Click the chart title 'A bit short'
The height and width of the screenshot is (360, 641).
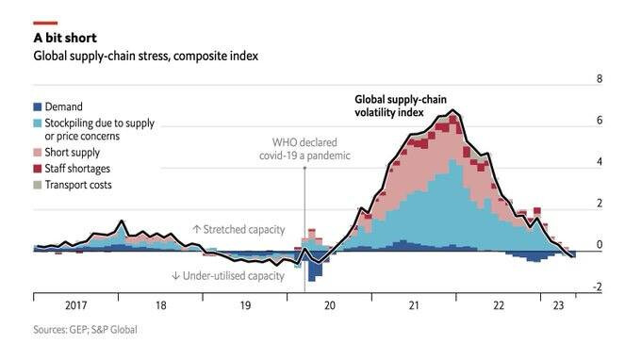tap(65, 38)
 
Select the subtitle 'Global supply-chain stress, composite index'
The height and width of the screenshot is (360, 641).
tap(145, 56)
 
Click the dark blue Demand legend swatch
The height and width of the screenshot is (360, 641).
tap(38, 107)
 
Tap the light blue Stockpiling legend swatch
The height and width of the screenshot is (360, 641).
tap(38, 123)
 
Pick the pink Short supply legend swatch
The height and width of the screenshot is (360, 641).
tap(38, 153)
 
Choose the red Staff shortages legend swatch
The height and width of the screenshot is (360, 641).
tap(38, 169)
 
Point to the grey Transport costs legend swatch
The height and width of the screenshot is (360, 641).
tap(38, 185)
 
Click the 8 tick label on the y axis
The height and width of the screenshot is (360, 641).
tap(600, 79)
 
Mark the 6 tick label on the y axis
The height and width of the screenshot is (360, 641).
tap(600, 121)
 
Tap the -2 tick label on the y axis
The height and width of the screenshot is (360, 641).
tap(598, 286)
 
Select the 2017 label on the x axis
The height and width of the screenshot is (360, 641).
tap(76, 305)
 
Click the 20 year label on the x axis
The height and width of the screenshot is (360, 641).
tap(330, 305)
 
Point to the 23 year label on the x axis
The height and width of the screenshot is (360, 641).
tap(558, 305)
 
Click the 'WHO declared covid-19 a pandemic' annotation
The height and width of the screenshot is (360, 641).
tap(304, 149)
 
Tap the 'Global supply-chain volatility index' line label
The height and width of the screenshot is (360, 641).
tap(401, 106)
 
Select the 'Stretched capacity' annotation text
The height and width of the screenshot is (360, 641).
tap(238, 230)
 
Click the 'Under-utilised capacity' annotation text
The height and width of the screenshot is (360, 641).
tap(228, 276)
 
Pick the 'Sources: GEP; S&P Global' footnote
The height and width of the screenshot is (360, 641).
tap(85, 330)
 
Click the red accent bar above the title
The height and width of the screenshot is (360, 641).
tap(45, 23)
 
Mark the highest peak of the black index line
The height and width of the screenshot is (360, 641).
tap(452, 110)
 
